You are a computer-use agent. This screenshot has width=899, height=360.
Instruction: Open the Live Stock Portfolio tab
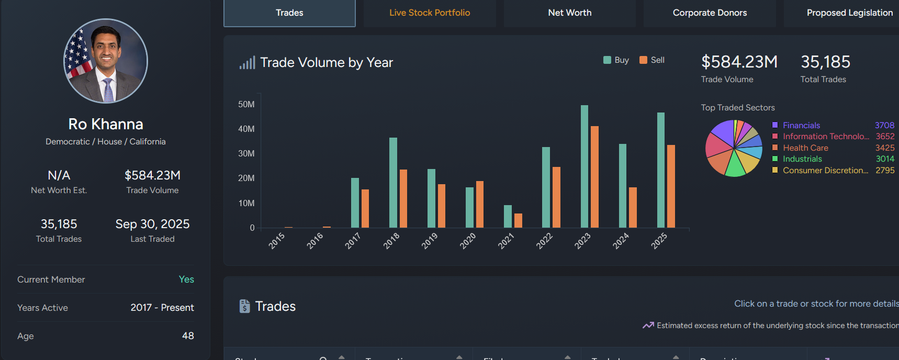pyautogui.click(x=430, y=13)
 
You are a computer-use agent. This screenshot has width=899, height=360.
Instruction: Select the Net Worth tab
pyautogui.click(x=570, y=13)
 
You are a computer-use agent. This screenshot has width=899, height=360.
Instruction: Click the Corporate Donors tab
pyautogui.click(x=710, y=13)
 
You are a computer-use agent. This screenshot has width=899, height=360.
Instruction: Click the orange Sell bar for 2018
pyautogui.click(x=403, y=198)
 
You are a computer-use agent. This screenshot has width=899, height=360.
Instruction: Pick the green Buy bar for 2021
pyautogui.click(x=508, y=216)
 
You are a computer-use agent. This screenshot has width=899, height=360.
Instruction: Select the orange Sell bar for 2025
pyautogui.click(x=671, y=186)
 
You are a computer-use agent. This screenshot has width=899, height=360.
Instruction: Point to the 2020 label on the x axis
pyautogui.click(x=468, y=241)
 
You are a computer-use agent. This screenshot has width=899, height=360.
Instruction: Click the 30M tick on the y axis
pyautogui.click(x=246, y=153)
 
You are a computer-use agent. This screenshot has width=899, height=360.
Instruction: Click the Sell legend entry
pyautogui.click(x=652, y=60)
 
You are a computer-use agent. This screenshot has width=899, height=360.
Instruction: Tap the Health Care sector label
pyautogui.click(x=805, y=148)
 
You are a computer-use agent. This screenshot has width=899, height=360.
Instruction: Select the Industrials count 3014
pyautogui.click(x=885, y=159)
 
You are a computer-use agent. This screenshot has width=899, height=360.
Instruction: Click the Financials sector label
pyautogui.click(x=801, y=126)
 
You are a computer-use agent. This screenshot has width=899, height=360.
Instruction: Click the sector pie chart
pyautogui.click(x=734, y=148)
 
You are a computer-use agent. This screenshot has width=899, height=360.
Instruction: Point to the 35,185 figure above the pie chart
pyautogui.click(x=825, y=62)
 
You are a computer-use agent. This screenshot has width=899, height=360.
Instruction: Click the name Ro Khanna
pyautogui.click(x=106, y=124)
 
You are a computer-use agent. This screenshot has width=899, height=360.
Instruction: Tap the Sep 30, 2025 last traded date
pyautogui.click(x=152, y=224)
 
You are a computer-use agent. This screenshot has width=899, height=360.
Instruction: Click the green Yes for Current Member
pyautogui.click(x=186, y=279)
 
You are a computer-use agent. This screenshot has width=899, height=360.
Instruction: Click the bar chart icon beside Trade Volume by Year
pyautogui.click(x=248, y=63)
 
